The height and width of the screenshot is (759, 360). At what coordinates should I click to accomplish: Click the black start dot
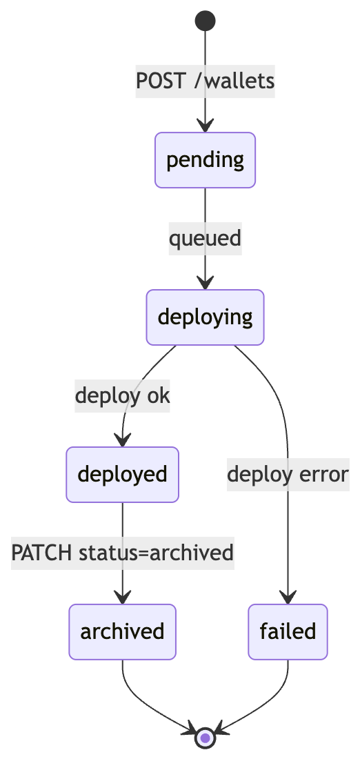tap(205, 21)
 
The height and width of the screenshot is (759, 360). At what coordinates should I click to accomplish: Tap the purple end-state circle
tap(205, 738)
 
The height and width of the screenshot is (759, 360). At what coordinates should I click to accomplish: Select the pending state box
tap(205, 160)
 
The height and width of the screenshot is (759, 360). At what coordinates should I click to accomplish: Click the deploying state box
tap(205, 317)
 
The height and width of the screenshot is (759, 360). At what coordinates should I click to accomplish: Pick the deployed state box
tap(123, 475)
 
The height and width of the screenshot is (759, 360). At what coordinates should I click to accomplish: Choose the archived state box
tap(123, 631)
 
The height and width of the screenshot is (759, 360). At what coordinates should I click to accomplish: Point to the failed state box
tap(288, 631)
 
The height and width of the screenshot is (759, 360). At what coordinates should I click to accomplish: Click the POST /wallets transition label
tap(205, 81)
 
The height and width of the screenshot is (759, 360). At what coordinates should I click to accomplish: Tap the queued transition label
tap(205, 238)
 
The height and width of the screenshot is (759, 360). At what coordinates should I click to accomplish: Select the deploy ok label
tap(123, 395)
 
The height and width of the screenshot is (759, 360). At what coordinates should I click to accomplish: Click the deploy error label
tap(288, 475)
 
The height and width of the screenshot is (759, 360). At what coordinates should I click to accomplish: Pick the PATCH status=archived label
tap(123, 553)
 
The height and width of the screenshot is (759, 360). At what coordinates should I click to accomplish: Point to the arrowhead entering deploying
tap(205, 284)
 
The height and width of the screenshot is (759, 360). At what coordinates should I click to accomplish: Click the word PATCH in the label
tap(42, 553)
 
